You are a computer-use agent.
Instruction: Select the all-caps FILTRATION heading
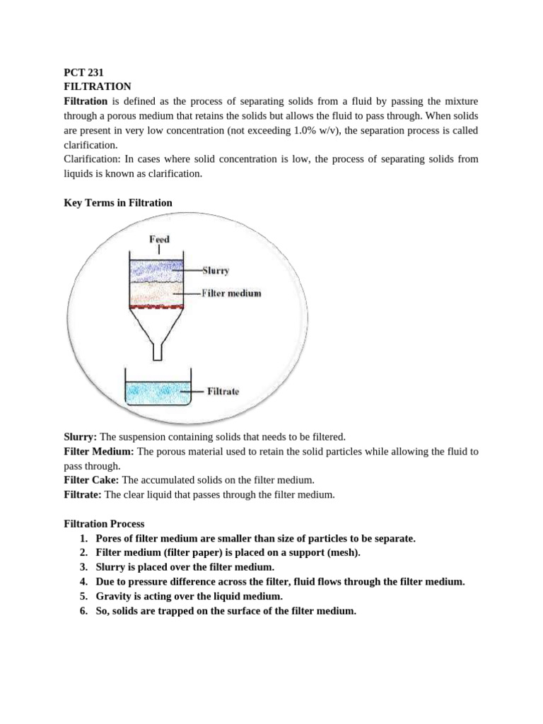pyautogui.click(x=98, y=86)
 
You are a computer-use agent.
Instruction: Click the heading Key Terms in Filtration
pyautogui.click(x=118, y=203)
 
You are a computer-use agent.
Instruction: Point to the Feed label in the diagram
pyautogui.click(x=159, y=239)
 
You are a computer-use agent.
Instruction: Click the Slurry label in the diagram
pyautogui.click(x=216, y=270)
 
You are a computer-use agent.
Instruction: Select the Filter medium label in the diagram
pyautogui.click(x=231, y=293)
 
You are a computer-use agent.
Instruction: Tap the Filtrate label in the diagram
pyautogui.click(x=223, y=390)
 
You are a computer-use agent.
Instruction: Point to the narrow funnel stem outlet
pyautogui.click(x=159, y=349)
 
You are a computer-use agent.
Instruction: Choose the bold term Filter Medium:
pyautogui.click(x=99, y=451)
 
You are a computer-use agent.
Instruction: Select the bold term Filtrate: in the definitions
pyautogui.click(x=83, y=495)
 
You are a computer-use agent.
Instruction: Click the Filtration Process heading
pyautogui.click(x=104, y=524)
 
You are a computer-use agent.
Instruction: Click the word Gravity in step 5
pyautogui.click(x=114, y=596)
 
